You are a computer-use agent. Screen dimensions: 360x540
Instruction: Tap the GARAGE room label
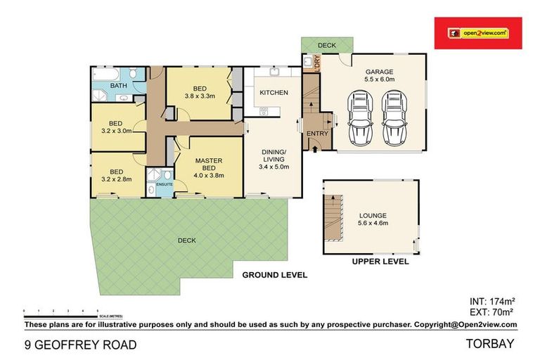point(378,72)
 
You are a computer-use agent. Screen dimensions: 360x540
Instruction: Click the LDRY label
point(307,63)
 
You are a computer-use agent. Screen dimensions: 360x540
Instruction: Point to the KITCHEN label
point(274,93)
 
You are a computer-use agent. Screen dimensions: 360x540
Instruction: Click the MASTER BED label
point(209,165)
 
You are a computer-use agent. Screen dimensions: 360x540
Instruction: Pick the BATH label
point(118,86)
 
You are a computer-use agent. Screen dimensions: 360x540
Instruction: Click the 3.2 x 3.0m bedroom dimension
point(117,131)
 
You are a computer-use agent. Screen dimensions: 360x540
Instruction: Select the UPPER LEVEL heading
point(380,262)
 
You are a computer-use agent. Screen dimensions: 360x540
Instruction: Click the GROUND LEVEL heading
point(274,275)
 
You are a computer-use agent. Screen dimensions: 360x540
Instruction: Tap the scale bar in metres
point(60,311)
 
